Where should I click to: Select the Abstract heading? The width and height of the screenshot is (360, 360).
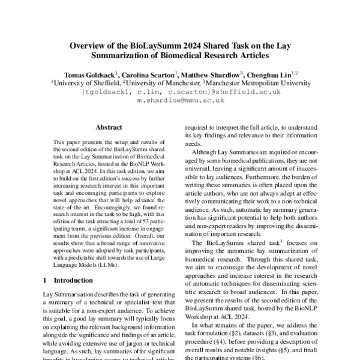[109, 128]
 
